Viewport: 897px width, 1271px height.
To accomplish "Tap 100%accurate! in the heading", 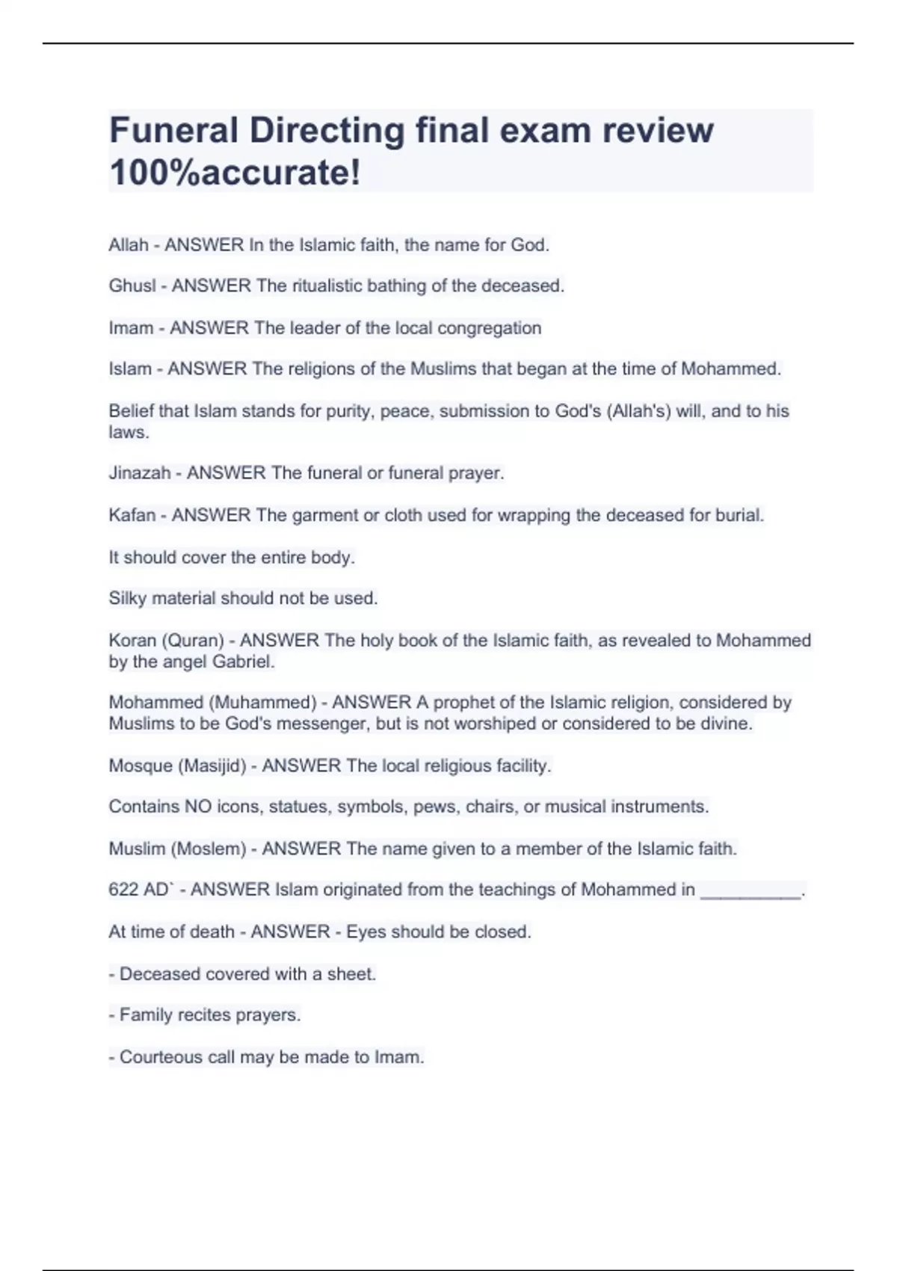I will [235, 173].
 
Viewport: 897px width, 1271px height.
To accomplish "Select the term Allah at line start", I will [128, 245].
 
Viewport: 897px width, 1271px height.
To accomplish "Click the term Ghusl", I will [132, 286].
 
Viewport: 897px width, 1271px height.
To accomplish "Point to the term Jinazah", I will [139, 473].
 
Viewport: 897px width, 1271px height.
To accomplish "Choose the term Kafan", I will [132, 515].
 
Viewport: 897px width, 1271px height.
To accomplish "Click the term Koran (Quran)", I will [166, 641].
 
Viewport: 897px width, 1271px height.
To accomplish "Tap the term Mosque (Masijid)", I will [177, 766].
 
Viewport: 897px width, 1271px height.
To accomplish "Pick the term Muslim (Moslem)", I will [177, 849].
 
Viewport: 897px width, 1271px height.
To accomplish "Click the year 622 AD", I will [139, 890].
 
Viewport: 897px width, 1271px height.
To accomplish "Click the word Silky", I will [128, 599].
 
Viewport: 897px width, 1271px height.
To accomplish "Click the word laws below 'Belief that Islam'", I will [127, 432].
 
